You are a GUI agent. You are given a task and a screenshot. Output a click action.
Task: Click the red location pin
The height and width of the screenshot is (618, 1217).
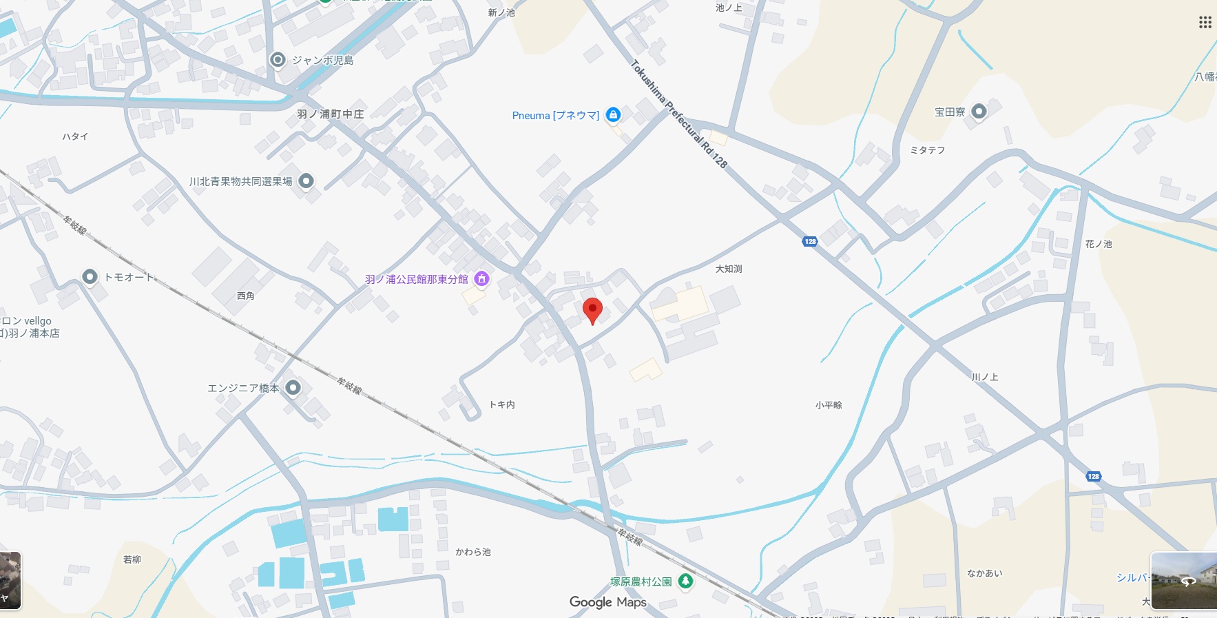(x=592, y=310)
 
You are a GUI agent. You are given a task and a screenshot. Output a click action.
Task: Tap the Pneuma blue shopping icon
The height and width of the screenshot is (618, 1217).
(x=613, y=115)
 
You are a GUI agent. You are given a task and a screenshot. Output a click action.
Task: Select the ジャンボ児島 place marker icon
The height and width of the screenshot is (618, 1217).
(x=278, y=60)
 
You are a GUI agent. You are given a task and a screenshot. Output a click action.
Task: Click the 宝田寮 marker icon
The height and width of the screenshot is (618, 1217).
(x=979, y=112)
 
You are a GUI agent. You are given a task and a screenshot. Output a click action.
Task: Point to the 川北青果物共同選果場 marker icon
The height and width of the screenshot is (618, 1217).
(x=306, y=181)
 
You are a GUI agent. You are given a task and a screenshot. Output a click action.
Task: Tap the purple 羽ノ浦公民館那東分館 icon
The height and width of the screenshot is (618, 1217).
(x=482, y=279)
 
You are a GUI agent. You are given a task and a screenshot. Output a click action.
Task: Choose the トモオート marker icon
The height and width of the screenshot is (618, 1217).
(x=90, y=277)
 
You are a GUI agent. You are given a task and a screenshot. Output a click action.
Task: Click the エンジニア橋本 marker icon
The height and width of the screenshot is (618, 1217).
(x=293, y=388)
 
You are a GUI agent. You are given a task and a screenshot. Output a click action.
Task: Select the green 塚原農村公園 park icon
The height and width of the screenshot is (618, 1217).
(x=685, y=581)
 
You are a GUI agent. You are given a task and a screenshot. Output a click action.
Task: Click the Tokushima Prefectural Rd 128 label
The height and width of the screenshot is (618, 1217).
(x=678, y=114)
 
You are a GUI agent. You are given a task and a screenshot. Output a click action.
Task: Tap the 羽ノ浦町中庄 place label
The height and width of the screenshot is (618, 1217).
(x=330, y=114)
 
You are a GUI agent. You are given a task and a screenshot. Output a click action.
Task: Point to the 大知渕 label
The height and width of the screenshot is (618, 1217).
(x=729, y=269)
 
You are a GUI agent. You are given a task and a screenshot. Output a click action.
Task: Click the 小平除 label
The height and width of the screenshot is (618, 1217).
(x=829, y=405)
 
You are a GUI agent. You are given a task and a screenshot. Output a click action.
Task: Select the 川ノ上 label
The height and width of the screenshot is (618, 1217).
(x=985, y=377)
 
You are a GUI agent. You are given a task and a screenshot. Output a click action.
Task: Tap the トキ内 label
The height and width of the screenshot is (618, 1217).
(x=501, y=404)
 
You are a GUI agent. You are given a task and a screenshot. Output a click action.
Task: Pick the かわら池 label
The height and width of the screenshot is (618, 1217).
(x=473, y=552)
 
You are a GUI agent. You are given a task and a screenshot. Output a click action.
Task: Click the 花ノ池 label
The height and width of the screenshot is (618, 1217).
(x=1099, y=244)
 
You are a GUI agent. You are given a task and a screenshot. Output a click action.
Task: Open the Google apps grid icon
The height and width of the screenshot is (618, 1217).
(x=1205, y=23)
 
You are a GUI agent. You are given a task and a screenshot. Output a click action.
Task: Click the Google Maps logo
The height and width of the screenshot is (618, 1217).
(x=607, y=602)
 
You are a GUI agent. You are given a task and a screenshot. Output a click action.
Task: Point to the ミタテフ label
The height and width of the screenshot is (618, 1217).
(x=928, y=150)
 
